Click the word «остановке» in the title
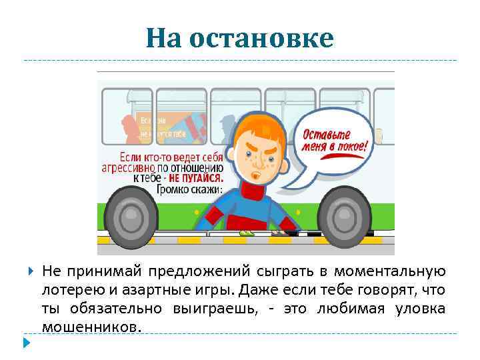(261, 39)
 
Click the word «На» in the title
(165, 39)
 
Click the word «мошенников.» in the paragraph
(92, 327)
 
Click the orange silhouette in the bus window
(128, 127)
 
